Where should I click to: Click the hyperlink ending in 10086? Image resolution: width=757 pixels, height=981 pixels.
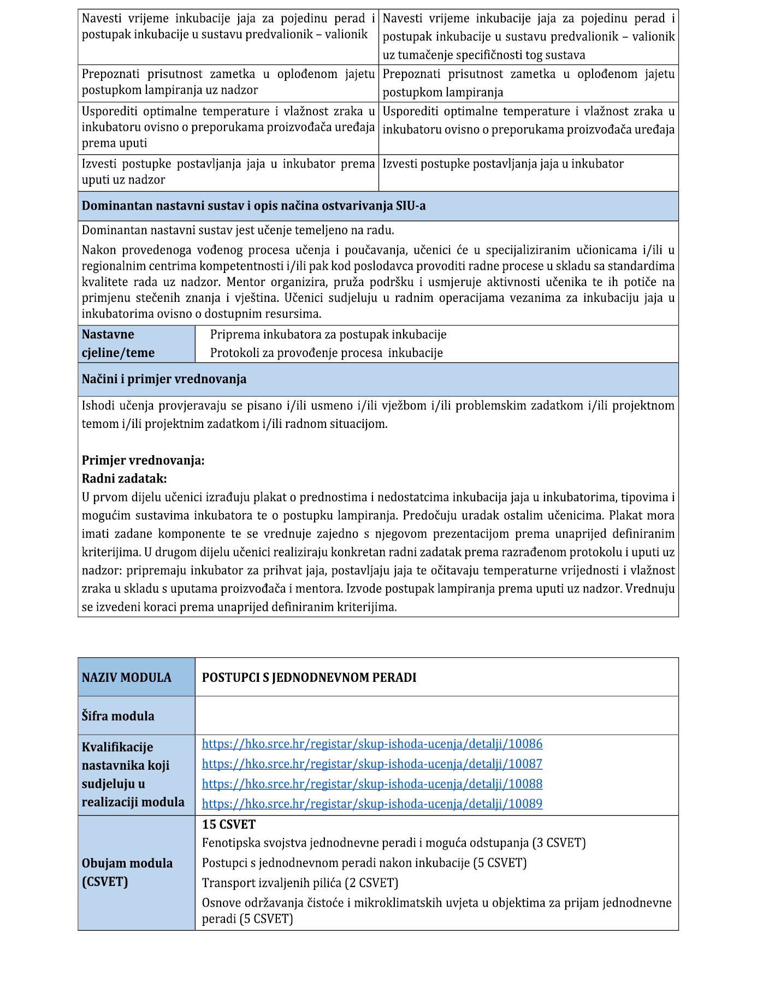(x=372, y=744)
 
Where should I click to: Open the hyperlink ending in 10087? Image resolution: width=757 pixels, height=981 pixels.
(x=372, y=764)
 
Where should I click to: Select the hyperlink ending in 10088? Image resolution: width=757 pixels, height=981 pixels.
(x=372, y=784)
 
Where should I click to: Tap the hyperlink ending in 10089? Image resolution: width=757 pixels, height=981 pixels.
(x=372, y=804)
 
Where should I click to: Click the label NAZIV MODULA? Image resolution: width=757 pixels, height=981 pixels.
(x=126, y=677)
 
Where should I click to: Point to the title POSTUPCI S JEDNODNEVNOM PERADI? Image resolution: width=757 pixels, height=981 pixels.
(x=309, y=677)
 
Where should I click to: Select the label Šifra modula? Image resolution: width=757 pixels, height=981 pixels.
(x=118, y=716)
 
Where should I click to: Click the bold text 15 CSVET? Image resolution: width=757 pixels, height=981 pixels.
(x=229, y=824)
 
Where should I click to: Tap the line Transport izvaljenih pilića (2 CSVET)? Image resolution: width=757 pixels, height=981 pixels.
(x=300, y=883)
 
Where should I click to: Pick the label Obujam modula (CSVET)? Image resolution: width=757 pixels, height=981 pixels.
(x=127, y=872)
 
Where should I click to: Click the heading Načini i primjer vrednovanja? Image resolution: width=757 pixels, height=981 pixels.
(x=164, y=379)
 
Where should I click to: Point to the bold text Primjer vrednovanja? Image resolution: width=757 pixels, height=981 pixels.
(x=143, y=460)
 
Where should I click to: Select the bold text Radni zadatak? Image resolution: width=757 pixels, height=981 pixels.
(x=124, y=479)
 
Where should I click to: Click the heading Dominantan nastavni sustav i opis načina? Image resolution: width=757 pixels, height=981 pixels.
(x=253, y=206)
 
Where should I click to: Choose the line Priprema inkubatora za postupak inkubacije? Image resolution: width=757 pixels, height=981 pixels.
(x=328, y=335)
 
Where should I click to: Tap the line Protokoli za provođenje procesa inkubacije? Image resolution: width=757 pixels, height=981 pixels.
(x=326, y=353)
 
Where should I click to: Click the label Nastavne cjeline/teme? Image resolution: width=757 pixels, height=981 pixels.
(x=118, y=343)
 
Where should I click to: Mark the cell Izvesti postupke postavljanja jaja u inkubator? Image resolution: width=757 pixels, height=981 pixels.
(x=502, y=164)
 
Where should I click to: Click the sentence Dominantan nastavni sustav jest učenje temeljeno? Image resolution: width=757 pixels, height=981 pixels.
(x=238, y=230)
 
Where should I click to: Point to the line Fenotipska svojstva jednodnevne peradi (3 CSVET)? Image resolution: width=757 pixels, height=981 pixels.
(x=393, y=843)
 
